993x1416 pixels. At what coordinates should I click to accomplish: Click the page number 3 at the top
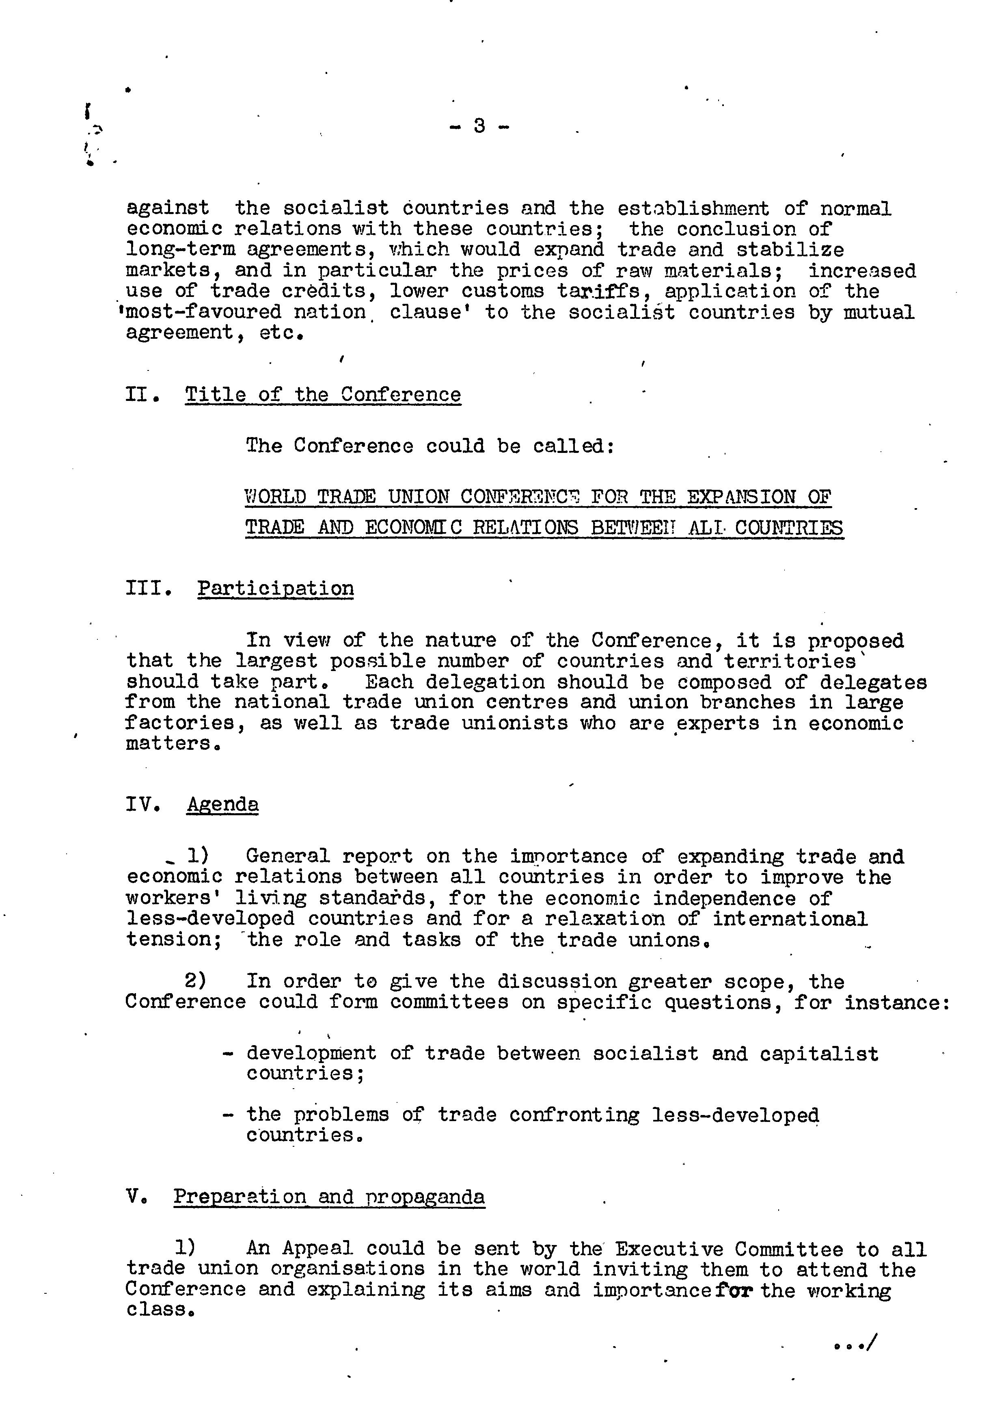479,126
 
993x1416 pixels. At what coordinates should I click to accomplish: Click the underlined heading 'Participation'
276,588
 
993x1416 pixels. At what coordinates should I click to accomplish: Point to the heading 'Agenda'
222,804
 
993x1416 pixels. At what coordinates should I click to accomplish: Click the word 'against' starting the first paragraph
168,208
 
